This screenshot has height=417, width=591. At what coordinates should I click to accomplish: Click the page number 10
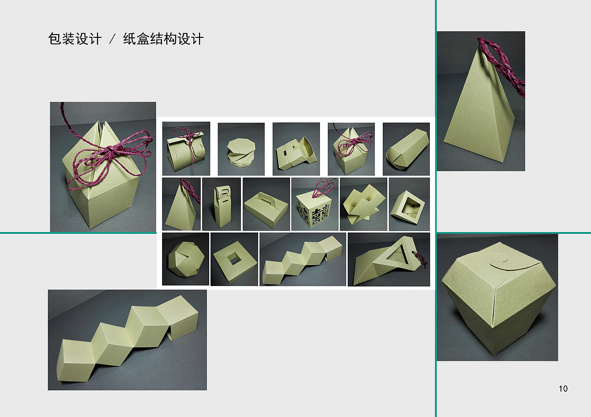(x=563, y=388)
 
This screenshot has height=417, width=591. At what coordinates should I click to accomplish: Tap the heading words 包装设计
(x=75, y=39)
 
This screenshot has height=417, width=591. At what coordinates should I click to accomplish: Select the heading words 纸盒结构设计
(x=163, y=39)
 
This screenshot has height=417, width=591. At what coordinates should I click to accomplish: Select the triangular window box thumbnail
(x=389, y=260)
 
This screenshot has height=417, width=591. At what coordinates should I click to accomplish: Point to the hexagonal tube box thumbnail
(x=406, y=149)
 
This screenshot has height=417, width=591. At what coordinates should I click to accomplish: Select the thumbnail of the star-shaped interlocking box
(x=363, y=204)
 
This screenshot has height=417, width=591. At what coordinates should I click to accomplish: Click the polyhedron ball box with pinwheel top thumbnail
(x=185, y=260)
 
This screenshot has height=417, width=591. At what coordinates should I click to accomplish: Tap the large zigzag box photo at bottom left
(x=127, y=340)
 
